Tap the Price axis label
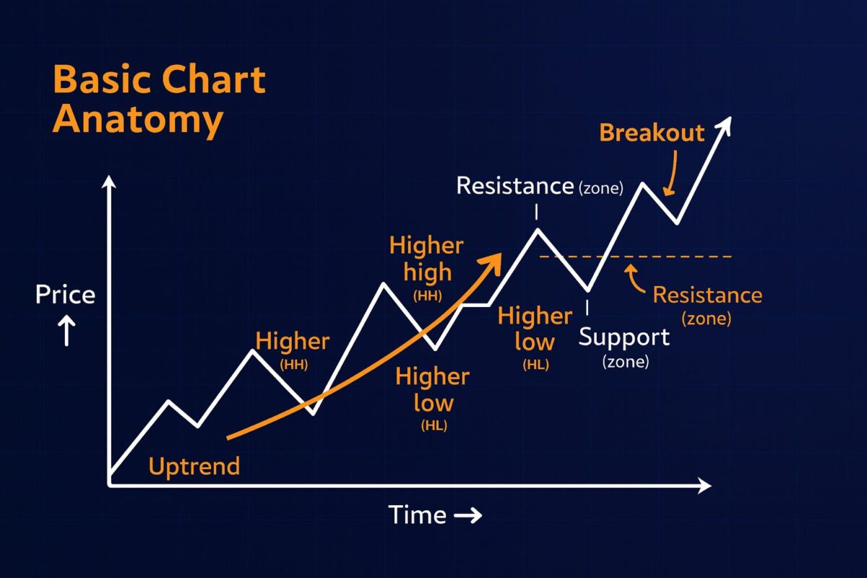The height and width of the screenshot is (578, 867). click(x=66, y=295)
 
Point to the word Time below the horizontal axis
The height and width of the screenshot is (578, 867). click(x=418, y=514)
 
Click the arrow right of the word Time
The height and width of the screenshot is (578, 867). click(x=467, y=515)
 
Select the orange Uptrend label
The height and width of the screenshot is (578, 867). click(x=194, y=466)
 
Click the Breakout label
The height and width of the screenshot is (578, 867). click(x=652, y=133)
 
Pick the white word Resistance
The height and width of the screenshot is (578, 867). click(x=514, y=186)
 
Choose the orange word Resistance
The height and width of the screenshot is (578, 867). click(x=707, y=295)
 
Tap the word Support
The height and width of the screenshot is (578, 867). click(x=624, y=337)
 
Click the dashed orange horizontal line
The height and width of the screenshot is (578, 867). click(x=650, y=256)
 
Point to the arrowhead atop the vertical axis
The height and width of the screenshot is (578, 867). click(x=109, y=181)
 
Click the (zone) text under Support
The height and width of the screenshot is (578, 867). click(x=626, y=361)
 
